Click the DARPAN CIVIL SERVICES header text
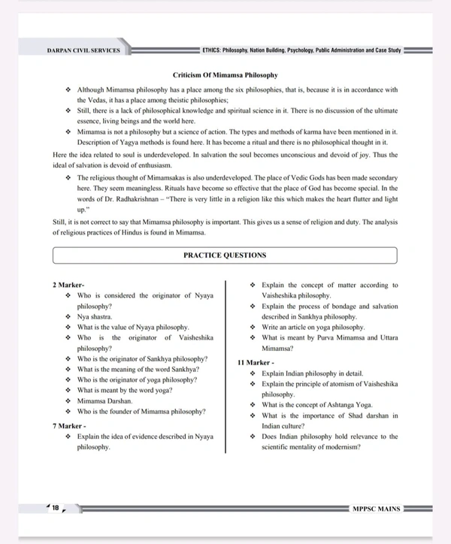tap(83, 51)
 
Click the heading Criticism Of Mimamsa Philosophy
tap(225, 75)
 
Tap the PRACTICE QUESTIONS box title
tap(225, 255)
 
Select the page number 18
tap(55, 508)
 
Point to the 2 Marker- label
tap(71, 286)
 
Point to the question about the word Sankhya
tap(138, 369)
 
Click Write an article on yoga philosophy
tap(313, 328)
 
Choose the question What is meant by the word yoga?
tap(124, 390)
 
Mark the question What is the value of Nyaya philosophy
tap(132, 328)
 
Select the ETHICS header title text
tap(301, 51)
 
